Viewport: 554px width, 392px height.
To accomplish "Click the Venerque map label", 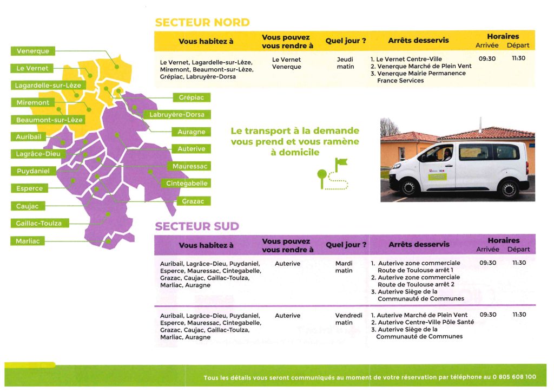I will (x=32, y=51).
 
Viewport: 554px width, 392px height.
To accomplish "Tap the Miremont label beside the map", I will (x=32, y=102).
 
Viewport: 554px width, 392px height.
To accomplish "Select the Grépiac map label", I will (x=192, y=97).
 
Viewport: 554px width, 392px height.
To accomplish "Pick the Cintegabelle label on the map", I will (x=187, y=184).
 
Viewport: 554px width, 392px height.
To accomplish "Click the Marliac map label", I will (x=28, y=241).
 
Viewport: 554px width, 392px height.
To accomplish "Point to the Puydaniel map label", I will (x=32, y=171).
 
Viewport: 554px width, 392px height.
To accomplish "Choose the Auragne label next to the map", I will (x=191, y=132).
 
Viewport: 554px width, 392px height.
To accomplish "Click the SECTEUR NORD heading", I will (x=202, y=23).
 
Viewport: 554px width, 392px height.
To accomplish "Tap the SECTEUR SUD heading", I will (x=197, y=226).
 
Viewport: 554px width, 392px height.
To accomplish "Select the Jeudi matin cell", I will (x=345, y=63).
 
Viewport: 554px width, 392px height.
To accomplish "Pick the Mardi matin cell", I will (x=344, y=267).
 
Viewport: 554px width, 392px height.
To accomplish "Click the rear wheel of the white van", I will (x=509, y=189).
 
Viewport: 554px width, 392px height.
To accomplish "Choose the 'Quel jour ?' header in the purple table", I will (x=346, y=245).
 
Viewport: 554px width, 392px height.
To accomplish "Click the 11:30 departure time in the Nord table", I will (x=518, y=58).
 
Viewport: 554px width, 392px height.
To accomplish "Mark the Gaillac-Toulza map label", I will (x=39, y=223).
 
